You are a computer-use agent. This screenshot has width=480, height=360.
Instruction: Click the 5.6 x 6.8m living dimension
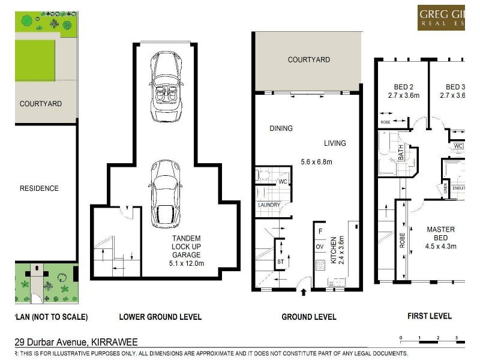coord(316,162)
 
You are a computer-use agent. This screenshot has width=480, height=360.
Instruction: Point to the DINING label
coord(281,128)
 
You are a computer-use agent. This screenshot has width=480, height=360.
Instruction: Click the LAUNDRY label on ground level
coord(269,205)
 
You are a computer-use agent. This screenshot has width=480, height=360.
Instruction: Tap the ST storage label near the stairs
coord(280,262)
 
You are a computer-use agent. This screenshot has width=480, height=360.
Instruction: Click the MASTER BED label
coord(440,233)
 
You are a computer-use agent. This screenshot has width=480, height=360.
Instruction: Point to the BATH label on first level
coord(401,153)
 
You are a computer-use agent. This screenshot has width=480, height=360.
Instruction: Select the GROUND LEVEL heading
coord(308,317)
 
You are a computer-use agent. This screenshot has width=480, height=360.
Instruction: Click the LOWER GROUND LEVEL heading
coord(160,317)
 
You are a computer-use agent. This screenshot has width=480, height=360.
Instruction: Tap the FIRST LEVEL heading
coord(430,316)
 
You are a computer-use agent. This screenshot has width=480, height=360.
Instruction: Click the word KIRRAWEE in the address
coord(114,342)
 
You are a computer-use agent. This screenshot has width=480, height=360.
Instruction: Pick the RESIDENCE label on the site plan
coord(39,188)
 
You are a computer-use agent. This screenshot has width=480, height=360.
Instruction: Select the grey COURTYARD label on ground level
coord(308,59)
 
